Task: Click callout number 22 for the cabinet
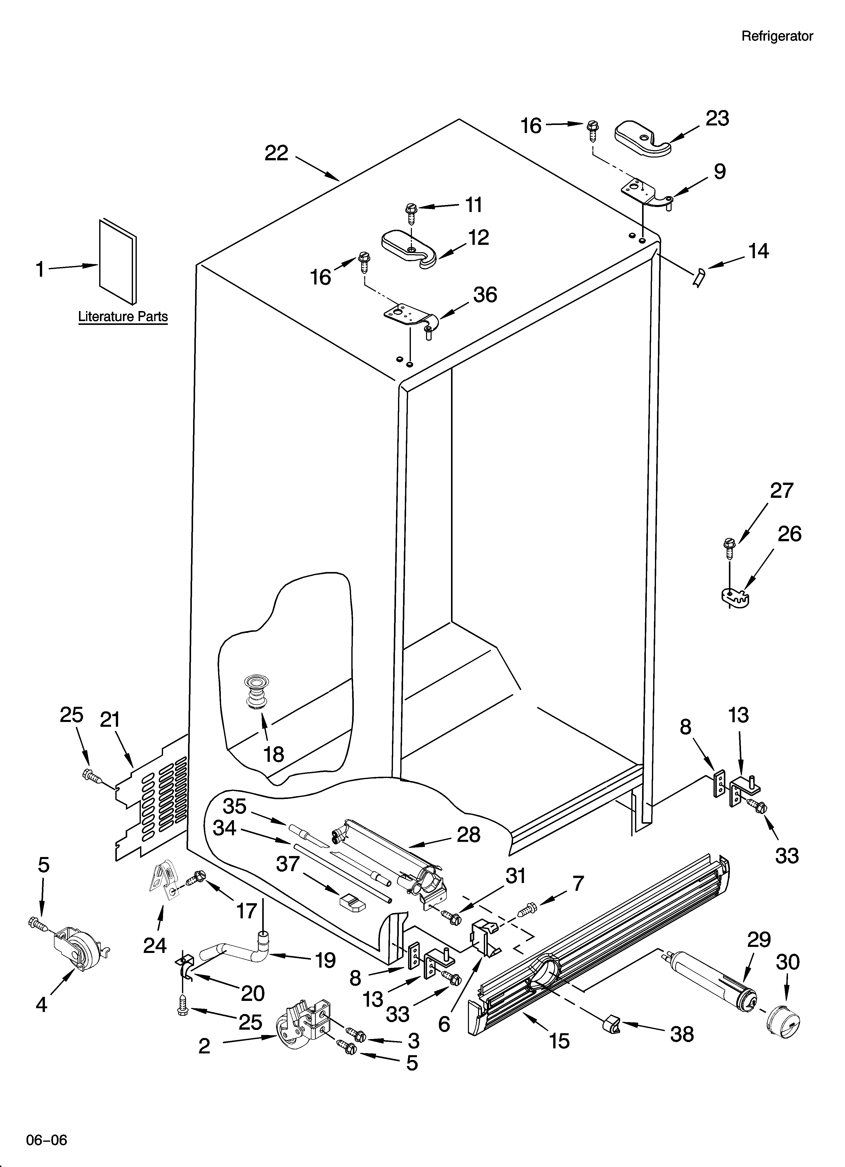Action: click(276, 153)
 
